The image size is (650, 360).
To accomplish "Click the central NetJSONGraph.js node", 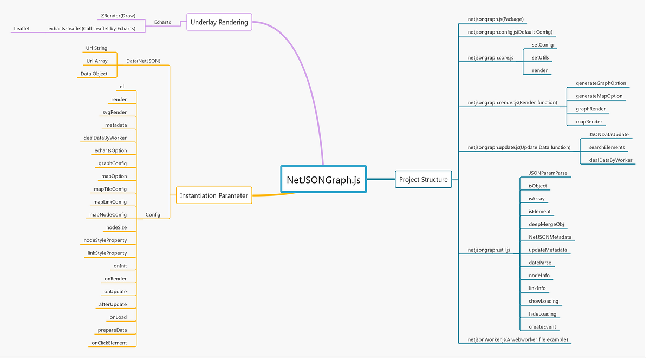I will coord(323,179).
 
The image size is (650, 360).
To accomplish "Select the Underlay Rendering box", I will coord(219,22).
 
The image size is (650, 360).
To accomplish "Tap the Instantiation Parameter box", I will coord(214,195).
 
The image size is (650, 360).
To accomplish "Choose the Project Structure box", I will coord(423,179).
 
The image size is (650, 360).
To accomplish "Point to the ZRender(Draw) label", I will coord(118,16).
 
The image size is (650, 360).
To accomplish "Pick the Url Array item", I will coord(97,61).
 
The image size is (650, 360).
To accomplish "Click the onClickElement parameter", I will coord(109,343).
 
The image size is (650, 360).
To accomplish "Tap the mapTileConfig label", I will coord(110,189).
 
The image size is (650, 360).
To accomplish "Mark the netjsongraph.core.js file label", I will coord(490,57).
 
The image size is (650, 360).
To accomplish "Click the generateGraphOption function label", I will coord(601,83).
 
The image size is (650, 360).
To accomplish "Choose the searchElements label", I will coord(607,147).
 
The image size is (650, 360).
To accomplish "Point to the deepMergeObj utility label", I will coord(547,224).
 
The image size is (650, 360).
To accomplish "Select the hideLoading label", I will coord(542,314).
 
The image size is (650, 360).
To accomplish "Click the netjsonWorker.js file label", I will coord(518,339).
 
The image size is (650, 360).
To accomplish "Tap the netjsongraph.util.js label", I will coord(489,250).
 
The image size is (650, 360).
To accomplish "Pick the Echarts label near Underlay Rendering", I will coord(162,22).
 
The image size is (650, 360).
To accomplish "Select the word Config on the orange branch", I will coord(153,215).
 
